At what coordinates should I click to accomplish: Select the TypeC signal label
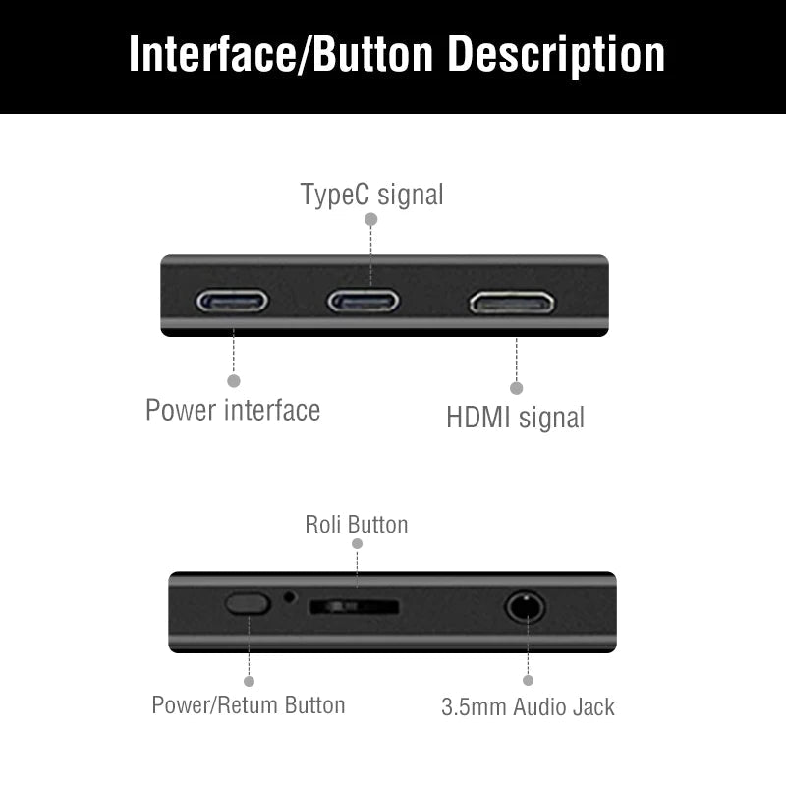(371, 195)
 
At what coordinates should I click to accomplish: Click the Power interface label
(233, 410)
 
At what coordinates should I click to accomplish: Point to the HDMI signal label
(515, 418)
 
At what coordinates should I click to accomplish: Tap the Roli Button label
(356, 525)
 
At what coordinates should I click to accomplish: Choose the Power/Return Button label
(249, 705)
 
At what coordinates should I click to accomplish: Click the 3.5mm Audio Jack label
(528, 706)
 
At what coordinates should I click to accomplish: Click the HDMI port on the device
(512, 302)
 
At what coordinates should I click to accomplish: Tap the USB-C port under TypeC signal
(364, 300)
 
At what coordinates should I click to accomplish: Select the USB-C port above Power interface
(232, 300)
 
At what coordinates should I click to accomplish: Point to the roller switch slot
(354, 607)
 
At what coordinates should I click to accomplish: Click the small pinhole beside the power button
(289, 595)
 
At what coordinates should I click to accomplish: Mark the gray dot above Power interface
(233, 380)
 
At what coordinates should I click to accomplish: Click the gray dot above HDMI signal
(517, 388)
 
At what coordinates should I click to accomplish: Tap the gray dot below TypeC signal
(371, 220)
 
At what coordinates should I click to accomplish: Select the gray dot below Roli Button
(357, 543)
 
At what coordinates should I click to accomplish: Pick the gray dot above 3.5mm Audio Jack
(528, 680)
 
